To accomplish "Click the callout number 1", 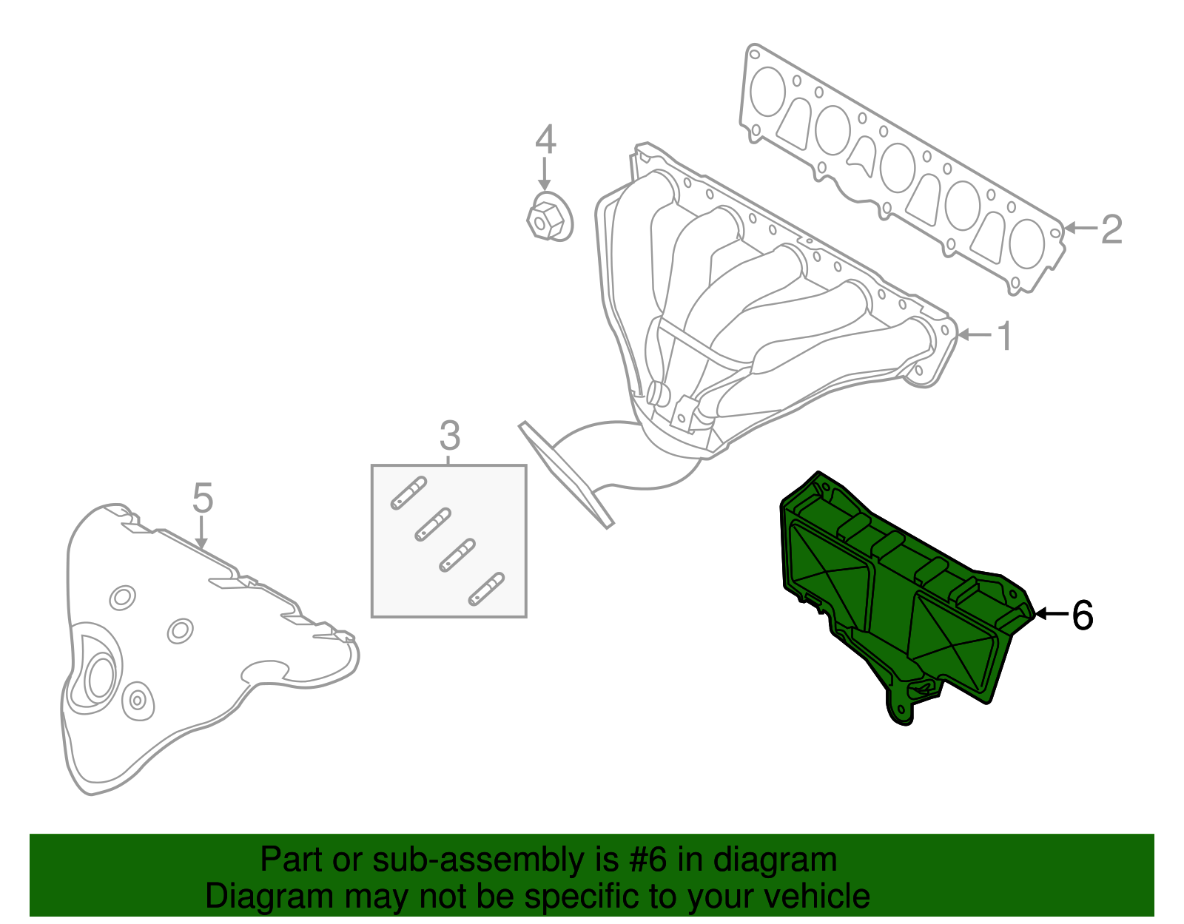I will tap(1004, 337).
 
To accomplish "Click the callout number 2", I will tap(1111, 229).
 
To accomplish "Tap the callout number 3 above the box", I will tap(449, 436).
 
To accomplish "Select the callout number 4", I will tap(545, 140).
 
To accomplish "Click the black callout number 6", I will tap(1082, 615).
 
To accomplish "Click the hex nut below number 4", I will tap(548, 217).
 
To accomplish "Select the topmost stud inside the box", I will tap(408, 493).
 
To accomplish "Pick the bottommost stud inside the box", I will tap(486, 588).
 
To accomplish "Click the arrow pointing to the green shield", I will tap(1051, 613).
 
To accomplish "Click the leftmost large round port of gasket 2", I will tap(767, 92).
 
